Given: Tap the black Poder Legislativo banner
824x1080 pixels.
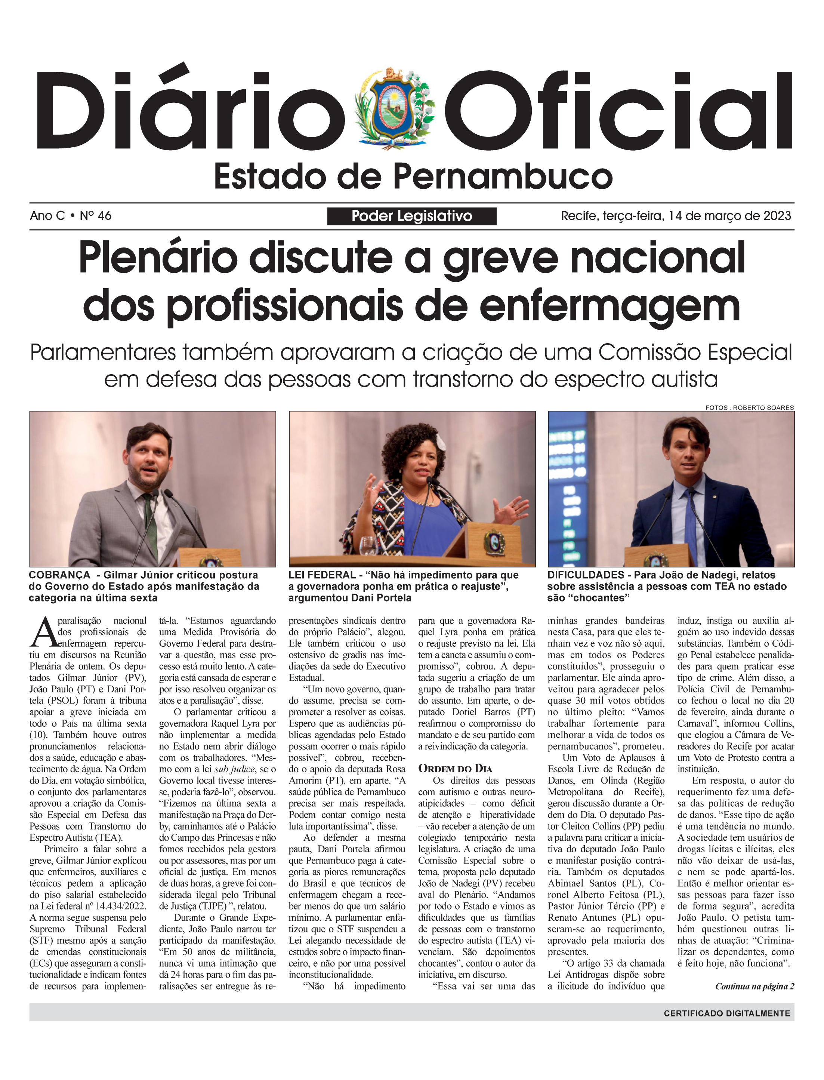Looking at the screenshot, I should tap(411, 216).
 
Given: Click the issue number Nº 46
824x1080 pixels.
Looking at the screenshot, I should tap(96, 216).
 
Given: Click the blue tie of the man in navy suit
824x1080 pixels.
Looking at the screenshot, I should tap(692, 530).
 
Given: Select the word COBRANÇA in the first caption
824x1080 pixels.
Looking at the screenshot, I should tap(59, 575).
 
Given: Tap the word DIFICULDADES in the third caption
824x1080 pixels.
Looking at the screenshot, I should tap(586, 575).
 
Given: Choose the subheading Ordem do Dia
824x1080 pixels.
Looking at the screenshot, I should tap(455, 769).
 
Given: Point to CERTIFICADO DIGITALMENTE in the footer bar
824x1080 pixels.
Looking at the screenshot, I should tap(727, 1013).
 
